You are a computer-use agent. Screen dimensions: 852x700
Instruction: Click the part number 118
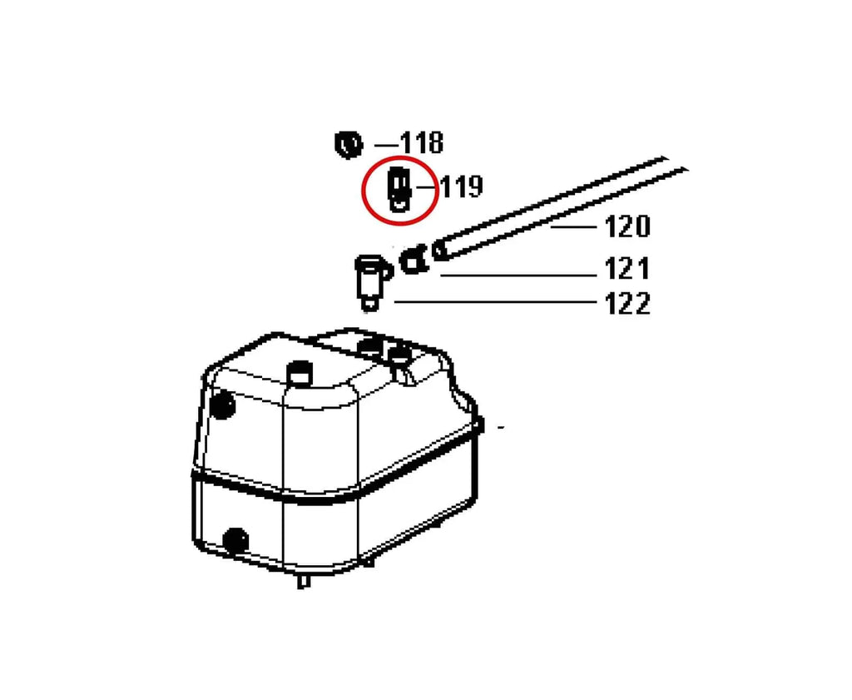(x=422, y=143)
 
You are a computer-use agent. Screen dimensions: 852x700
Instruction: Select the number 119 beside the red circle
(x=461, y=186)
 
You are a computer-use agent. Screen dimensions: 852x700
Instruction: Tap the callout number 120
(x=627, y=226)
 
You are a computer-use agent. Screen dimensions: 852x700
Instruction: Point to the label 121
(x=627, y=269)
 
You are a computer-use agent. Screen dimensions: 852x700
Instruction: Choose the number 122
(x=627, y=303)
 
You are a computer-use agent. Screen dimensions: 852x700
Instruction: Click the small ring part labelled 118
(x=348, y=145)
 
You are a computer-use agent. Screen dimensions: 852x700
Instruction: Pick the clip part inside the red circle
(x=399, y=190)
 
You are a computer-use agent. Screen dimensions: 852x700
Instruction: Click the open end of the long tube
(x=439, y=251)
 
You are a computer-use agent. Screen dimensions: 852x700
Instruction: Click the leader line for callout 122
(x=495, y=301)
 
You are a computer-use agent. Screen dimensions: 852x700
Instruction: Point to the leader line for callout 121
(x=518, y=276)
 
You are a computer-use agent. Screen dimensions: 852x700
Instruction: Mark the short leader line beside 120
(x=573, y=226)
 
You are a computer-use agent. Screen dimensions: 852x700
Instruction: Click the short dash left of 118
(x=386, y=145)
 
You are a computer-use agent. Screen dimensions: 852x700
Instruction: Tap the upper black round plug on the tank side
(x=223, y=405)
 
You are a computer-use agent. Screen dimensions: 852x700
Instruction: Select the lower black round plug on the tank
(x=235, y=541)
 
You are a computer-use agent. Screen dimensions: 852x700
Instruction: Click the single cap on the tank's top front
(x=300, y=373)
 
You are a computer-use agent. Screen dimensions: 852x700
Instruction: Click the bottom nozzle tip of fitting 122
(x=369, y=305)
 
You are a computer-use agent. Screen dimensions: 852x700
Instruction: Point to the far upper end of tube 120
(x=676, y=164)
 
